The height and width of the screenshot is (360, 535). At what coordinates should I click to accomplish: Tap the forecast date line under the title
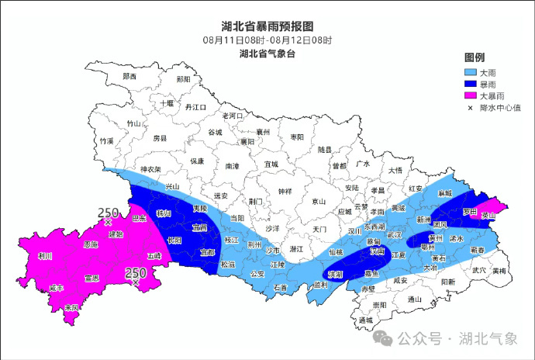[x=267, y=40]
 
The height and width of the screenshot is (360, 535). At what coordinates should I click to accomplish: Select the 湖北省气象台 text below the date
[x=267, y=54]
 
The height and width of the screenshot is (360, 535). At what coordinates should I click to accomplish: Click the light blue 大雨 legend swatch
[x=470, y=72]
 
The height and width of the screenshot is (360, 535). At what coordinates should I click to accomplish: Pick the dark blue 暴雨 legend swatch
[x=470, y=85]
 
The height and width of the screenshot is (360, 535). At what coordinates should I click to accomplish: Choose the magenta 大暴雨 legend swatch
[x=470, y=96]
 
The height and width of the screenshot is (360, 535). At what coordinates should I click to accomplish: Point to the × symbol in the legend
[x=470, y=109]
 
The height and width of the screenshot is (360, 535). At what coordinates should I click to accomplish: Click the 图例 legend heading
[x=475, y=58]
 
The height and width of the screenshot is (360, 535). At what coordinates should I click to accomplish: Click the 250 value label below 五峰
[x=136, y=272]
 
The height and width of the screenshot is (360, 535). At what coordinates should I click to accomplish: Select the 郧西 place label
[x=129, y=77]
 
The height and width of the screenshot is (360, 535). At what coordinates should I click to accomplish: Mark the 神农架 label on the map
[x=150, y=169]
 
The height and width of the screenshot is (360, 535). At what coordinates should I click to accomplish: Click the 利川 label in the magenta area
[x=44, y=255]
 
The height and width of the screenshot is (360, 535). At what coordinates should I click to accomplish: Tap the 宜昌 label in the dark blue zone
[x=199, y=228]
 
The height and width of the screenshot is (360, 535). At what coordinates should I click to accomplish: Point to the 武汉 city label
[x=394, y=234]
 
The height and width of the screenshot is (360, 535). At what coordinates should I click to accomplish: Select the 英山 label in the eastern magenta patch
[x=488, y=215]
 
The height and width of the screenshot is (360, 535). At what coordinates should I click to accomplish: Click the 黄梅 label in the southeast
[x=499, y=271]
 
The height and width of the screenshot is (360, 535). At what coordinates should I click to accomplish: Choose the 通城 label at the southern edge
[x=366, y=320]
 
